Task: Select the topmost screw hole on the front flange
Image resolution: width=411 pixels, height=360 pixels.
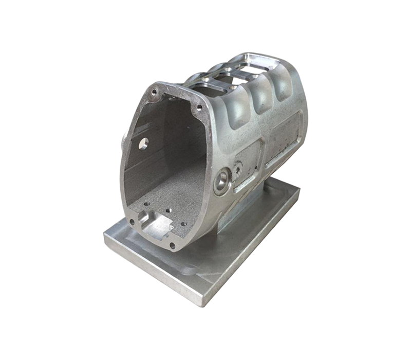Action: click(154, 93)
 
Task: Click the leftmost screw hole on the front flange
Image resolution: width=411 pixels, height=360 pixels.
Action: click(132, 222)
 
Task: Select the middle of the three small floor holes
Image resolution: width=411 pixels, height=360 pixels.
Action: click(168, 210)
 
